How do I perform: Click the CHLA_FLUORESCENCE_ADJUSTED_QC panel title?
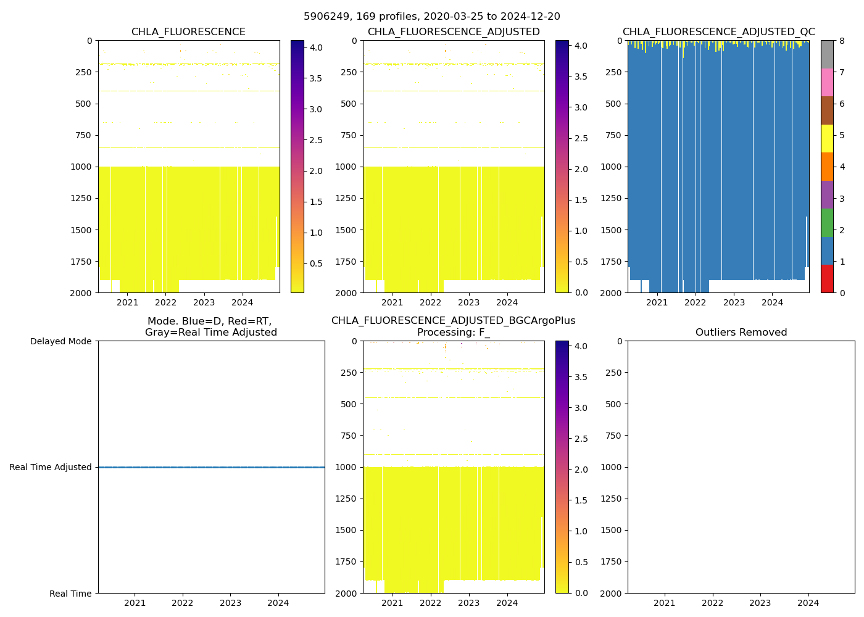[718, 32]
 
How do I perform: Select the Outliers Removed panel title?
[741, 333]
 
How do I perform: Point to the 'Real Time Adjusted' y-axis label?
[51, 467]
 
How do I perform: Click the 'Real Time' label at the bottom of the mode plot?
[70, 594]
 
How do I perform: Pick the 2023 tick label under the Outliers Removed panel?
[760, 603]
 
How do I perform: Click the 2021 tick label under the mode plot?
[135, 603]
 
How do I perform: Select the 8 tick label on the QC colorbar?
[842, 41]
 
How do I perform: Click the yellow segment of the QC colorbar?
[827, 138]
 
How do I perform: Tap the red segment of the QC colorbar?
[827, 278]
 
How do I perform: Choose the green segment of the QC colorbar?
[827, 222]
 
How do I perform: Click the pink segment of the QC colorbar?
[827, 82]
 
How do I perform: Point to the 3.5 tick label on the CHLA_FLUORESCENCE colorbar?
[315, 78]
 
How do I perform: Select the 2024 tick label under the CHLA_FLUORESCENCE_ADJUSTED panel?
[507, 302]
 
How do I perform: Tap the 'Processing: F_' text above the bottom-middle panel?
[453, 333]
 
